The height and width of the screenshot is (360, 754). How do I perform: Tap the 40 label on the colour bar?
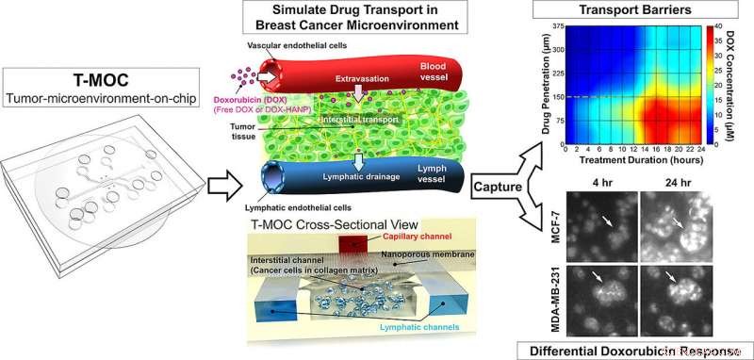723,25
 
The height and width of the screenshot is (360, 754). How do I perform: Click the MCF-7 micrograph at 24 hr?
672,221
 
